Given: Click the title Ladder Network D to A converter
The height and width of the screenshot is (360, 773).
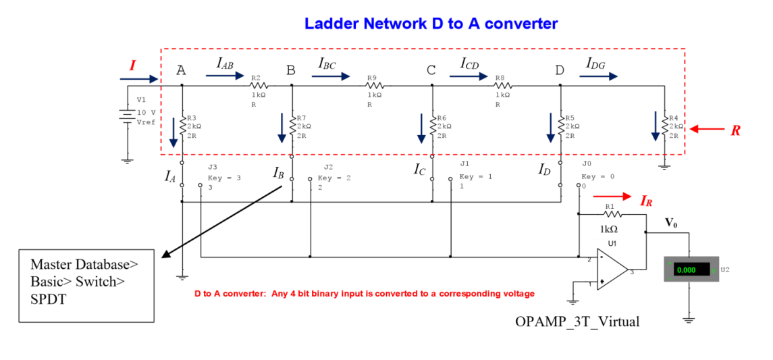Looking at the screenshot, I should tap(431, 24).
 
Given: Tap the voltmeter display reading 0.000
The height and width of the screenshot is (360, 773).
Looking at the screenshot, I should tap(687, 269).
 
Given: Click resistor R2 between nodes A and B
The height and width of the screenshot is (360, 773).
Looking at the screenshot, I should tap(259, 86).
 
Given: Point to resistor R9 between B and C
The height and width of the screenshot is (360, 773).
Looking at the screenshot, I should tap(375, 86).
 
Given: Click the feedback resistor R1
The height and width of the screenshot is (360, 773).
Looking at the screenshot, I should tap(610, 213).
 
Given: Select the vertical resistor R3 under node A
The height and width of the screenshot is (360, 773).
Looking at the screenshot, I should tap(183, 125).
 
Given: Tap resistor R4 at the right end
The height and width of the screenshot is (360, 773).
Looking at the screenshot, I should tap(664, 126).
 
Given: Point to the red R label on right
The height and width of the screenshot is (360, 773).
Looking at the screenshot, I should tap(736, 130).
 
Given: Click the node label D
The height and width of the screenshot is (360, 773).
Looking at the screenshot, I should tap(560, 70).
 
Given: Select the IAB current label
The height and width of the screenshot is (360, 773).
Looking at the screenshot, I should tap(225, 63).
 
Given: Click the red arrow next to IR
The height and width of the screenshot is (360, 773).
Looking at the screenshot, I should tap(611, 197).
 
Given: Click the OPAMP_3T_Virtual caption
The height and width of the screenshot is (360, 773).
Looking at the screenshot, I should tap(577, 322).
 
